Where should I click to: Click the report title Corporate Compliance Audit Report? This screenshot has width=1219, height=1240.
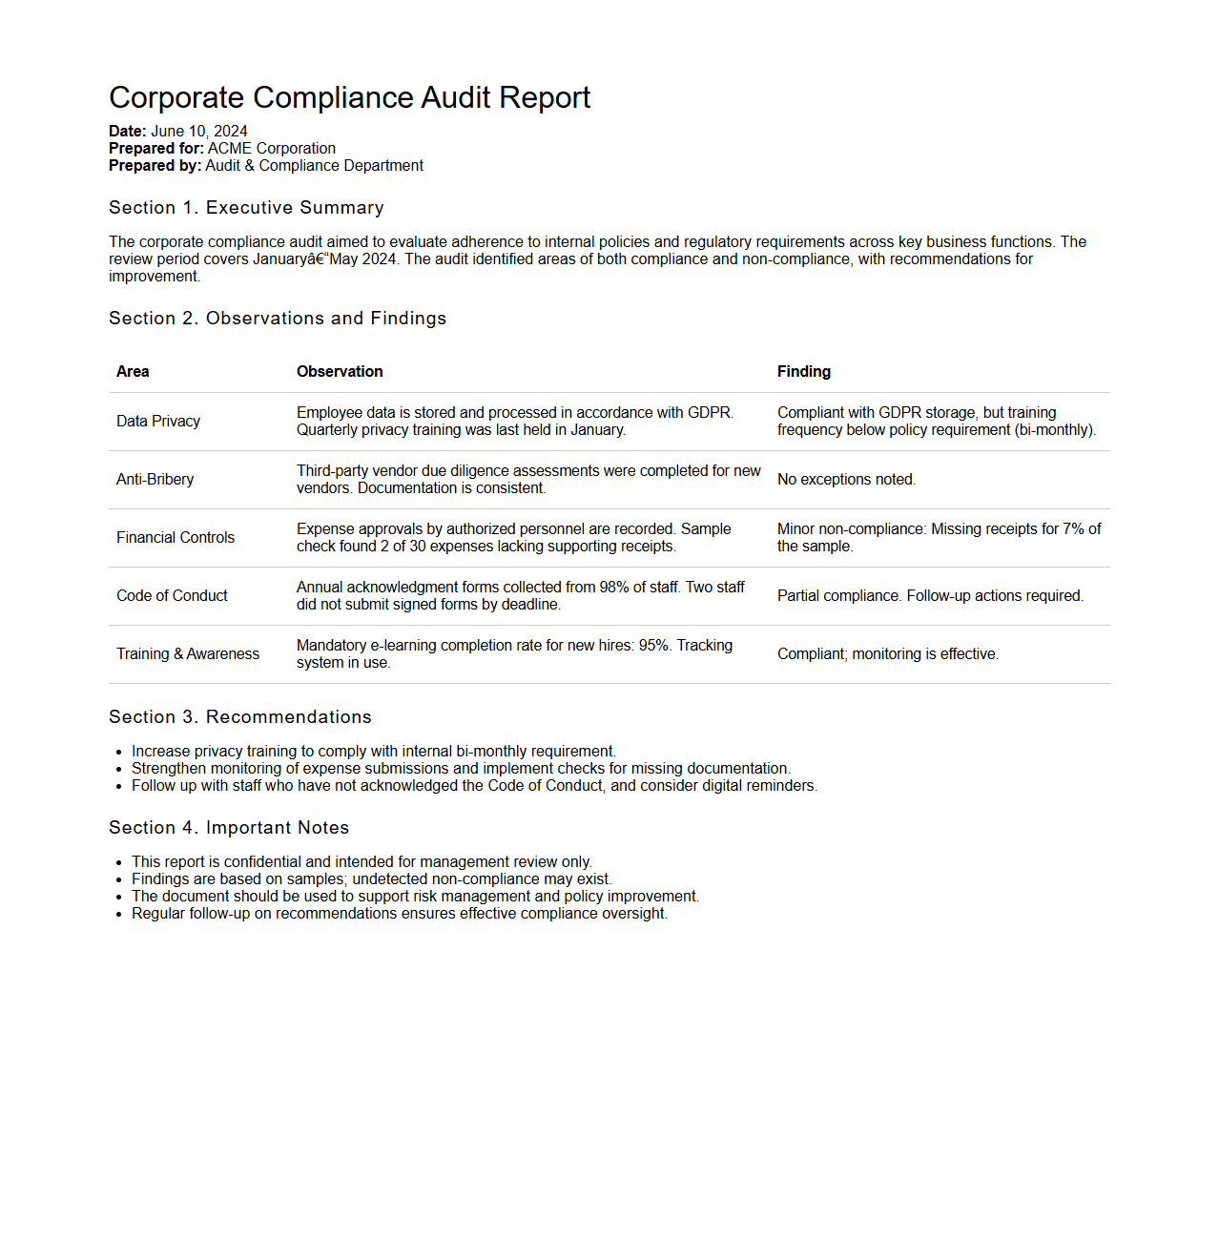point(349,98)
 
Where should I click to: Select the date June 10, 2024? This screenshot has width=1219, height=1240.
point(199,132)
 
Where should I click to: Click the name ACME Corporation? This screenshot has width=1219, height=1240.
point(272,149)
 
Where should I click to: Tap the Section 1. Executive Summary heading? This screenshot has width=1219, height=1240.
point(246,208)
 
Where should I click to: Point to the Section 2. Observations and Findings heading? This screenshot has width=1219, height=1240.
point(278,319)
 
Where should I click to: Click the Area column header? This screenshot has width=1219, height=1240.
point(133,372)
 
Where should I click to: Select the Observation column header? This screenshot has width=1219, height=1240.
point(340,372)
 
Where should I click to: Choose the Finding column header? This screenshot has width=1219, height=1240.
point(804,372)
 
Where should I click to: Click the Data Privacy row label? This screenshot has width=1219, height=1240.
point(158,422)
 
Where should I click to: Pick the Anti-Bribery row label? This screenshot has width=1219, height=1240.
point(155,480)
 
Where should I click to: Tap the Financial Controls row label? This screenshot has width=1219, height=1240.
point(176,538)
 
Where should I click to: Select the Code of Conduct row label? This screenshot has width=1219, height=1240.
point(172,596)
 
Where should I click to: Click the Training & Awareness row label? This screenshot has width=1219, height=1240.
point(188,654)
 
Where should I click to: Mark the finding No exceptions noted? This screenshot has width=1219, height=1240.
point(846,480)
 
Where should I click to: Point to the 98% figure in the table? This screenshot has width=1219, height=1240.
point(614,588)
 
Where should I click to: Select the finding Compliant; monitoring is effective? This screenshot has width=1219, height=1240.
point(887,654)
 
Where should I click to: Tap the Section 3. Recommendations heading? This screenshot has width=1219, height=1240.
point(240,717)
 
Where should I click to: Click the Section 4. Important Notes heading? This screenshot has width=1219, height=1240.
point(229,828)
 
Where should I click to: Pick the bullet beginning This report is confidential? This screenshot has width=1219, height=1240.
point(362,862)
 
